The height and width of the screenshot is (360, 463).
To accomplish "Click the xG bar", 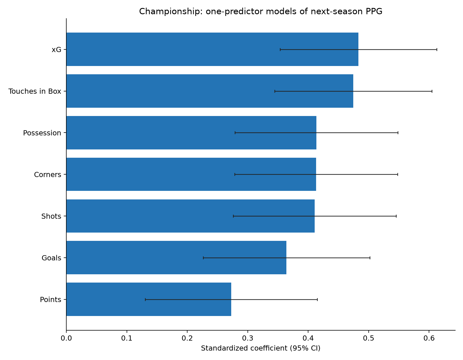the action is tap(212, 49).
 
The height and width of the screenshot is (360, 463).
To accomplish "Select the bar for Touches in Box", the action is tap(210, 91).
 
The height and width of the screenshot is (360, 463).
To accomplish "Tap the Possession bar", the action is tap(191, 133).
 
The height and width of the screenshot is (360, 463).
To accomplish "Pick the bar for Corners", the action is tap(191, 174).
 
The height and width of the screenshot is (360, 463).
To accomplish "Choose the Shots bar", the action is tap(190, 216).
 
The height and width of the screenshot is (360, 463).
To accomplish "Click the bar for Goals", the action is tap(176, 257).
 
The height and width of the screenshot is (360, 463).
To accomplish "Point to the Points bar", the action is tap(149, 299).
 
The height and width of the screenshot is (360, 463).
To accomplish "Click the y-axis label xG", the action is tap(57, 50).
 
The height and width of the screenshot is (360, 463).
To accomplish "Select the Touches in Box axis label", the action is tap(35, 91).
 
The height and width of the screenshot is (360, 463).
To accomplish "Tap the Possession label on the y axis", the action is tap(42, 133).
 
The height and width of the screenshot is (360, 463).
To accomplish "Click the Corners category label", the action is tap(47, 175).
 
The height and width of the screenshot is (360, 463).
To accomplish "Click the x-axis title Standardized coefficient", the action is tap(244, 348).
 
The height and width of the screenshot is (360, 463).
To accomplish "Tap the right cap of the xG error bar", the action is tap(437, 50).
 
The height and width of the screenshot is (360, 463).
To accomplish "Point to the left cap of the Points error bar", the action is tap(145, 299).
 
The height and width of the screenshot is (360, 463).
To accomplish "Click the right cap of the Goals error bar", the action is tap(370, 258).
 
